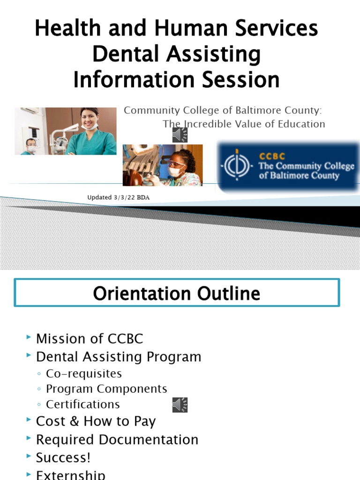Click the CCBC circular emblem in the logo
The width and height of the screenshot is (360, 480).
(237, 167)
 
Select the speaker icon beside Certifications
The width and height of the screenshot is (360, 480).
(180, 405)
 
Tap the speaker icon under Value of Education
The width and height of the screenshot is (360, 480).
(180, 135)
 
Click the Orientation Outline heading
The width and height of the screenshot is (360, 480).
(176, 293)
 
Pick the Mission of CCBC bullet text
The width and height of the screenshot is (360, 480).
(90, 338)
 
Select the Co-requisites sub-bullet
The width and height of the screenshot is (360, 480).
(84, 374)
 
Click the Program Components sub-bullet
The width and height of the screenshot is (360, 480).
(106, 389)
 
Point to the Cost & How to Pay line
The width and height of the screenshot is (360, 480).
(96, 421)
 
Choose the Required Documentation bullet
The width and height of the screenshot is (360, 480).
(117, 440)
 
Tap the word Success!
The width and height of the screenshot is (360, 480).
(63, 457)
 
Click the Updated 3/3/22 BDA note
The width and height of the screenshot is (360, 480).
(119, 197)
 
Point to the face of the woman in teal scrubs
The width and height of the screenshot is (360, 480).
(89, 120)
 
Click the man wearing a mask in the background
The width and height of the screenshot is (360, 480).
(31, 146)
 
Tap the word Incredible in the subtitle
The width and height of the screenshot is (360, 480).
(206, 124)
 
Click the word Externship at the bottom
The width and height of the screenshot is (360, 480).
(71, 474)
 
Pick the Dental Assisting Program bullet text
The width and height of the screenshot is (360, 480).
(119, 357)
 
